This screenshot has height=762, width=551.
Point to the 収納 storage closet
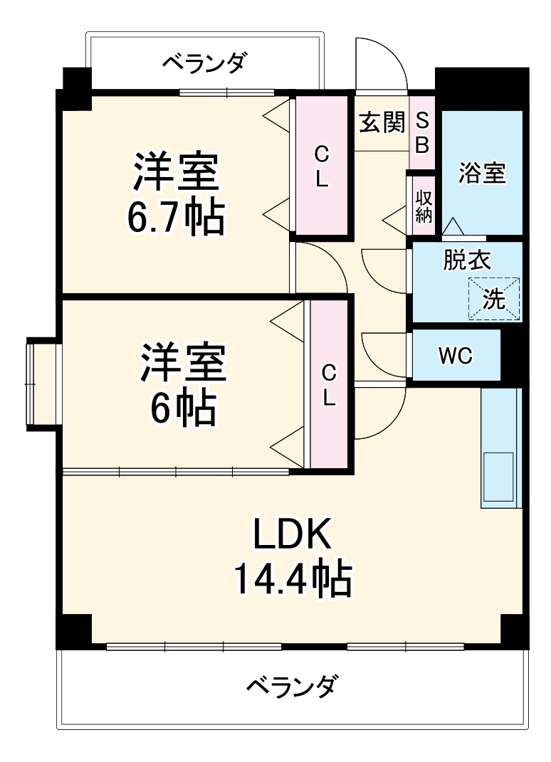424,206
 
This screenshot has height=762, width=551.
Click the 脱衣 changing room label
466,260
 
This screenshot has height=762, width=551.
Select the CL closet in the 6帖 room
328,384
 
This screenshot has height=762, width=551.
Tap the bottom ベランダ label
292,687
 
